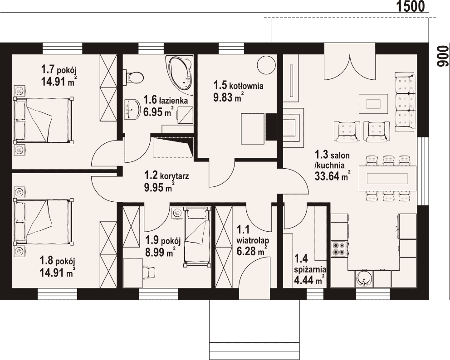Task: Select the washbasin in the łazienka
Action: [x=132, y=109]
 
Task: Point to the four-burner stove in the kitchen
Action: [x=339, y=248]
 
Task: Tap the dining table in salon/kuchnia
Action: [x=387, y=179]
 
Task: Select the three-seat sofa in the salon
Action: [x=406, y=102]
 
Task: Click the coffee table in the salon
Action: [x=373, y=103]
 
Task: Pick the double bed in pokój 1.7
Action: [x=43, y=119]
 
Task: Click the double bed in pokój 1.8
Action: [x=43, y=221]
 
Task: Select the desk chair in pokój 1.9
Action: [x=148, y=272]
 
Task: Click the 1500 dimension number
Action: [x=411, y=6]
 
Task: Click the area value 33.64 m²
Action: [x=333, y=176]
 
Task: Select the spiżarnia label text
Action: [x=310, y=270]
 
